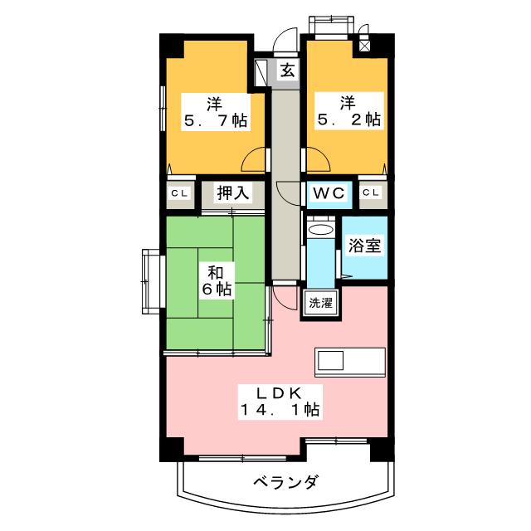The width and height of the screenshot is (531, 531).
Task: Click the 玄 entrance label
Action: click(286, 71)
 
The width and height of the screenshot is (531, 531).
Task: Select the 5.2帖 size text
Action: click(348, 119)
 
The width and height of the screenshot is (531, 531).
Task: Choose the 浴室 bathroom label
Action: click(365, 247)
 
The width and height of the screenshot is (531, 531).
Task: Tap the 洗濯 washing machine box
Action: click(319, 303)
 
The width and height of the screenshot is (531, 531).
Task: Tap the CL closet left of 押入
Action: click(178, 193)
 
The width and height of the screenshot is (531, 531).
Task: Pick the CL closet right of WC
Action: click(372, 193)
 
